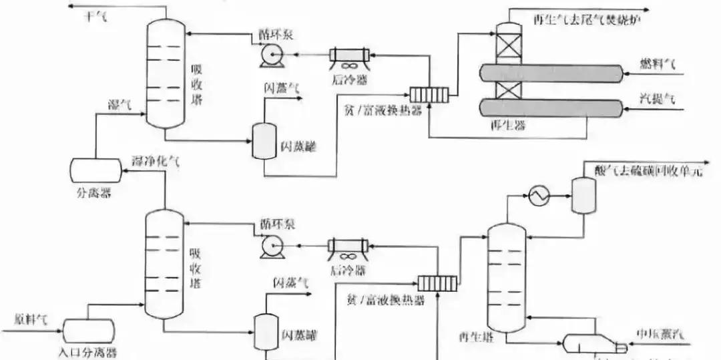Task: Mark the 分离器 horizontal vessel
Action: point(96,170)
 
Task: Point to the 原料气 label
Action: point(30,319)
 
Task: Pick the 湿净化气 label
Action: point(155,161)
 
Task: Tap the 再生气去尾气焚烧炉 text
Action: point(583,19)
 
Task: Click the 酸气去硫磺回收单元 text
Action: point(648,171)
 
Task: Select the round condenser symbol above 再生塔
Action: point(537,196)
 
